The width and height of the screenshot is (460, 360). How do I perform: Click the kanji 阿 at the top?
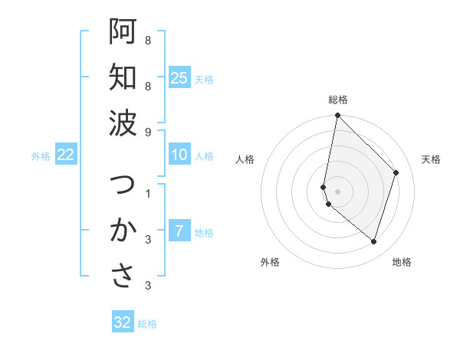pos(123,31)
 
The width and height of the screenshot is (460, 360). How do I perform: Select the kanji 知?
pos(123,77)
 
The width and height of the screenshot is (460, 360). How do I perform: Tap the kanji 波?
pos(123,123)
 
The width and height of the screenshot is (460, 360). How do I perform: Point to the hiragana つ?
pos(123,186)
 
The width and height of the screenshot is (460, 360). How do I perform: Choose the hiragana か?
pos(123,231)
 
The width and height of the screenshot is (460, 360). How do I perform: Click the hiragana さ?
pos(123,277)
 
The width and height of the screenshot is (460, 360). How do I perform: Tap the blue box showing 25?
pos(179,77)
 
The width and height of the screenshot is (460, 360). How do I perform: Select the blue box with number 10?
pos(179,155)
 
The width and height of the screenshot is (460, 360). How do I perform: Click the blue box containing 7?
pos(179,231)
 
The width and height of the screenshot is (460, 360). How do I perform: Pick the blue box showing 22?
pos(66,155)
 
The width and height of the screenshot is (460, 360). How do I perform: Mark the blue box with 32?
pos(123,322)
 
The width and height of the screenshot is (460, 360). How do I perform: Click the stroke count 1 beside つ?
pos(148,193)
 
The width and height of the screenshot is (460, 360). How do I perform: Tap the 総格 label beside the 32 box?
pos(147,324)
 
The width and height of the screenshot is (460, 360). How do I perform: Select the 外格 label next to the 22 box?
pos(41,156)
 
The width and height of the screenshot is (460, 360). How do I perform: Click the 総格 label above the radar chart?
pos(338,100)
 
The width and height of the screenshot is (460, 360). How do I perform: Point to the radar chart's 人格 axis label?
pos(245,159)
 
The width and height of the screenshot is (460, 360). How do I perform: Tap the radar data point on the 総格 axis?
pos(337,116)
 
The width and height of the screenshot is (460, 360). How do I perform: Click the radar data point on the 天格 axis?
pos(396,172)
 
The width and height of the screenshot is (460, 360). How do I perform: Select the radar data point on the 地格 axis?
pos(373,242)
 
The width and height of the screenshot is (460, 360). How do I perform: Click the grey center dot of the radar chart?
pos(337,191)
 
